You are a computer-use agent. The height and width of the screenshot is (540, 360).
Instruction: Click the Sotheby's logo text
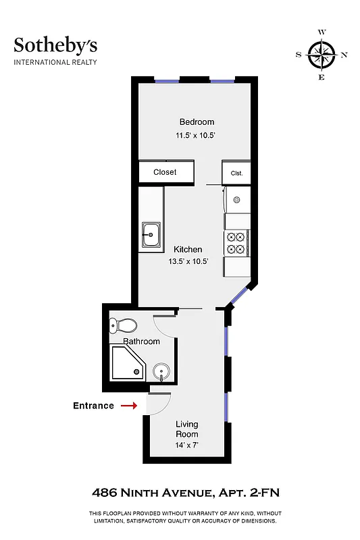[55, 45]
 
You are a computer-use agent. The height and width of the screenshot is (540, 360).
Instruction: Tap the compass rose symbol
[321, 55]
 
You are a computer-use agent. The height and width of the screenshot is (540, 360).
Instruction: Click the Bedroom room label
[197, 122]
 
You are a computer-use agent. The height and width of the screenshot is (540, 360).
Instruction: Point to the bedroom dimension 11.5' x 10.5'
[197, 135]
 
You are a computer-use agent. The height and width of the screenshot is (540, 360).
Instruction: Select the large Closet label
[165, 172]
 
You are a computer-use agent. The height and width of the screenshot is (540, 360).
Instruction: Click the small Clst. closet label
[236, 173]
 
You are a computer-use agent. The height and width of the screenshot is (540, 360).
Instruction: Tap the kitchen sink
[151, 236]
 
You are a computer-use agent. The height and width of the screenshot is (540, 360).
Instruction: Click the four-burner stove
[236, 242]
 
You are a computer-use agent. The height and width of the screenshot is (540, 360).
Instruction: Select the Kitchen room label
[188, 250]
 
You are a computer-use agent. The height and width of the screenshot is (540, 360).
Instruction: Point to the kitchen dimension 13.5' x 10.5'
[188, 262]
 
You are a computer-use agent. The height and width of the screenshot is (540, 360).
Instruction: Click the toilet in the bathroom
[122, 326]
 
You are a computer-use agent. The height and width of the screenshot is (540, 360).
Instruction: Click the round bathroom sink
[161, 372]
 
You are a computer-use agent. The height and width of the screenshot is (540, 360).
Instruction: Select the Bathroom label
[141, 342]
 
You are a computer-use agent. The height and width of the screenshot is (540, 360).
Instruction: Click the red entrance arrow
[128, 406]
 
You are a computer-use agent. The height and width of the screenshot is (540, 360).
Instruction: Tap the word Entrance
[93, 406]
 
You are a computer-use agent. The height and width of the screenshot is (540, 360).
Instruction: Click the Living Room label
[187, 429]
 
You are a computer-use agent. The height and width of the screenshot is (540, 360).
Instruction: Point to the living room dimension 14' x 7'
[187, 445]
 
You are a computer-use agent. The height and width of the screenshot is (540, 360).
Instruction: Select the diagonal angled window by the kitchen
[237, 295]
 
